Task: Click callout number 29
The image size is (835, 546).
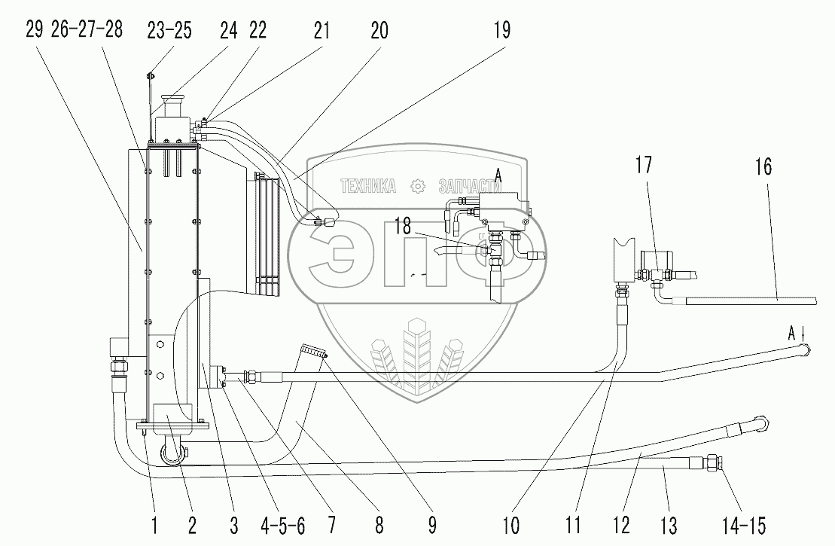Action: click(x=32, y=31)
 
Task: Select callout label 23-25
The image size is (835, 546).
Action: click(x=170, y=31)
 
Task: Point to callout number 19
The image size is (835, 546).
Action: click(x=501, y=31)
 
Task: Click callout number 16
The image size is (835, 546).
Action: click(x=763, y=166)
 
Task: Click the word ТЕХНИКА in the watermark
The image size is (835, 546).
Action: click(x=369, y=186)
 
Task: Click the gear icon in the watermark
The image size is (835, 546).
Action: click(x=415, y=186)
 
